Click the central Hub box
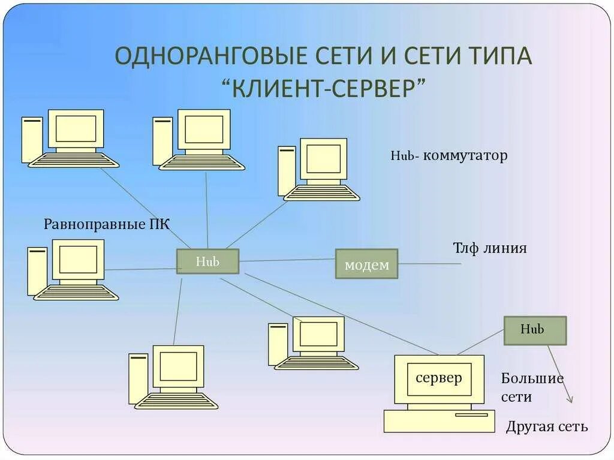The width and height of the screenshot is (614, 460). coord(207,261)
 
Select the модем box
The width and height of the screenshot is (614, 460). coord(366,264)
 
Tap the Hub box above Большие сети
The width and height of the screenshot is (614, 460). coord(535,330)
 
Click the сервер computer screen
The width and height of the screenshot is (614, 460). coord(439,378)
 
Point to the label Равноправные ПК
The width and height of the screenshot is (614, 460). coord(107,225)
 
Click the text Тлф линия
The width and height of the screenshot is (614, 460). coord(489,248)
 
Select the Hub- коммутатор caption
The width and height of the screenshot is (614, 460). coord(449,156)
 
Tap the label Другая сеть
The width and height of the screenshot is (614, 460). coord(547,426)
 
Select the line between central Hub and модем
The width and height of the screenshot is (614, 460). coord(287,260)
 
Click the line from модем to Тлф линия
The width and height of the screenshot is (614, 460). coord(429,263)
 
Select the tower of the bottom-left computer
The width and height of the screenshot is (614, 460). coord(139,378)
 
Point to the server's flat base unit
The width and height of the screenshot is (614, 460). coord(439,420)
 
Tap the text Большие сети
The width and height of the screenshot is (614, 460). coord(532,387)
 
